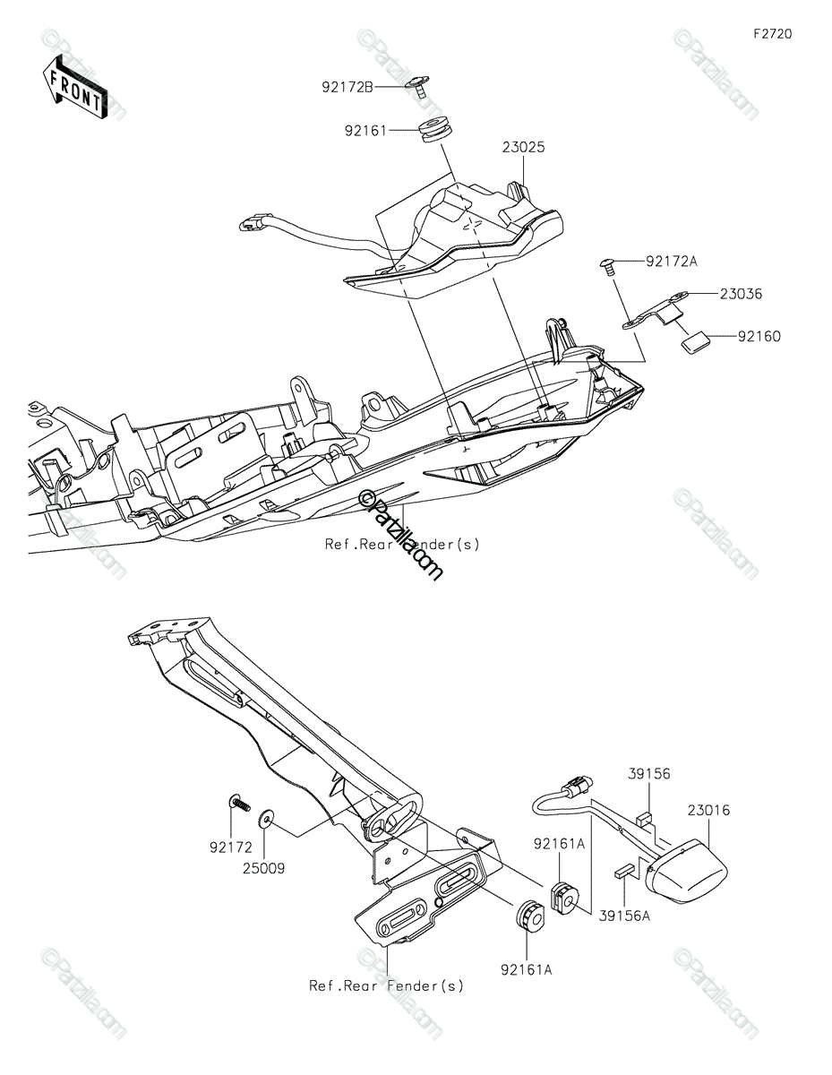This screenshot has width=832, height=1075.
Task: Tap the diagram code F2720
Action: tap(772, 34)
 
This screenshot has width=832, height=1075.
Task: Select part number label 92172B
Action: tap(347, 87)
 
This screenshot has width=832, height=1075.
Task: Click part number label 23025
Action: tap(524, 147)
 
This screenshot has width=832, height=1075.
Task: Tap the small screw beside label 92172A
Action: tap(610, 266)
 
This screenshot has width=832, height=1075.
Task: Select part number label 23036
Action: tap(741, 294)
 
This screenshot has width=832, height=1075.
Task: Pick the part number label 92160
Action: tap(759, 337)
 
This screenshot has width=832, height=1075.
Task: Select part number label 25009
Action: tap(263, 868)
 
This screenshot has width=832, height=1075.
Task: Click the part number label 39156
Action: tap(649, 773)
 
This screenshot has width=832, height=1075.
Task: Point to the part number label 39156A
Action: tap(624, 916)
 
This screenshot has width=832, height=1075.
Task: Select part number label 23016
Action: tap(708, 810)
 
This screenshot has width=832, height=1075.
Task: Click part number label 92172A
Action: tap(672, 261)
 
